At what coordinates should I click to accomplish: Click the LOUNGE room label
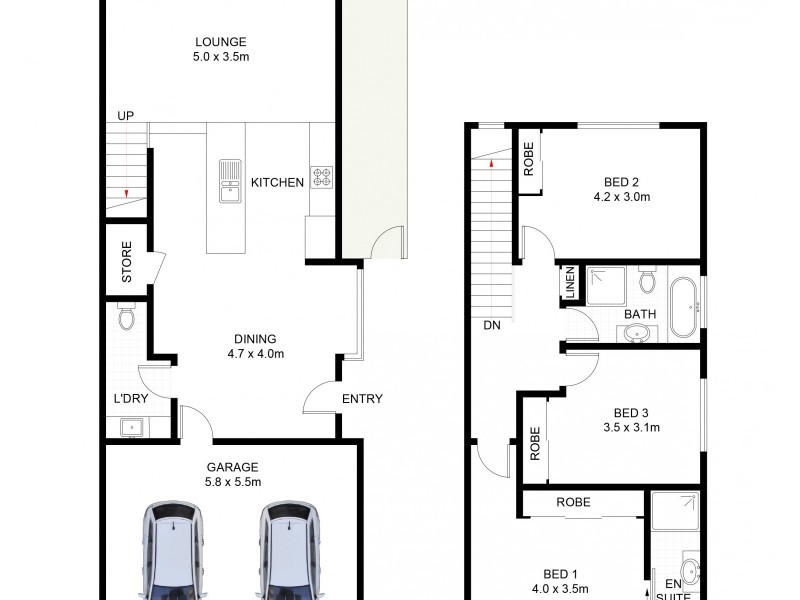(221, 41)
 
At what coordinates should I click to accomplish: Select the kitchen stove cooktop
(322, 177)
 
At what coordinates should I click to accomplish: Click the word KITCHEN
(277, 182)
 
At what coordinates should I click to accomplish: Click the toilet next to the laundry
(126, 318)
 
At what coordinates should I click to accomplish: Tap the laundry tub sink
(128, 427)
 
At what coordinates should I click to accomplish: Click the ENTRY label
(362, 399)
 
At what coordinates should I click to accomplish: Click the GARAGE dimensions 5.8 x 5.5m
(233, 482)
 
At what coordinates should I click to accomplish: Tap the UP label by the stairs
(126, 116)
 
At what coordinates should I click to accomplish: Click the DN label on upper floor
(491, 326)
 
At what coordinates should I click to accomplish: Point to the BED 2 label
(621, 182)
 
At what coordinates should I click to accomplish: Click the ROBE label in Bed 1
(573, 503)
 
